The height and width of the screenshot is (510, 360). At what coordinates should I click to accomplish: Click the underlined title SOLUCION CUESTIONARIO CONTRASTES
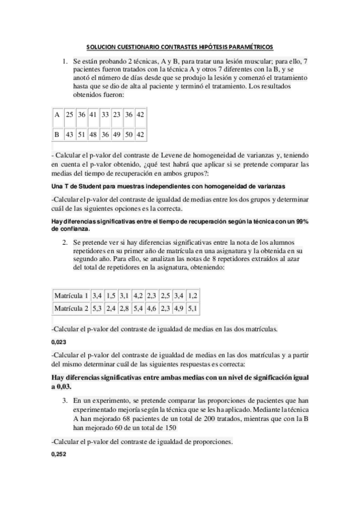click(x=180, y=46)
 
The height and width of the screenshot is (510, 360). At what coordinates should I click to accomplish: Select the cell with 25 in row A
click(x=70, y=114)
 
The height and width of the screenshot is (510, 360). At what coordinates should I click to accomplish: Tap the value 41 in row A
click(x=93, y=114)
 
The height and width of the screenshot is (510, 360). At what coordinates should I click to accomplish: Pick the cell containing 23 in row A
click(x=117, y=114)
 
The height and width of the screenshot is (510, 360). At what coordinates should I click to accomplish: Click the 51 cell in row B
click(x=82, y=134)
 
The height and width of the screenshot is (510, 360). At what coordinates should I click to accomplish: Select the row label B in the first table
click(x=56, y=134)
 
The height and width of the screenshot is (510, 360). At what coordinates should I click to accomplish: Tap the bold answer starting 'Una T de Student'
click(x=168, y=186)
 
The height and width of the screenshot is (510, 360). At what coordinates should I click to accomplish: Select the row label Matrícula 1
click(x=72, y=295)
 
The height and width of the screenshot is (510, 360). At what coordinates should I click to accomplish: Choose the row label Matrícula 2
click(x=72, y=309)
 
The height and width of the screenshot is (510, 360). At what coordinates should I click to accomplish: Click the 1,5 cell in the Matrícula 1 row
click(x=111, y=295)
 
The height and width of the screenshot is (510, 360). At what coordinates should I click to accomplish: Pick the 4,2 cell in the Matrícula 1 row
click(x=138, y=295)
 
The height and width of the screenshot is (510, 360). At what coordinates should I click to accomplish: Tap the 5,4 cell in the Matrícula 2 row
click(x=138, y=309)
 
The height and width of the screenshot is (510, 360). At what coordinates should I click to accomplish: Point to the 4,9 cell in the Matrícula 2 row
click(x=178, y=309)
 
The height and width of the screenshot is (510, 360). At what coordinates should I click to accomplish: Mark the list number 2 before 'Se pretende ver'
click(x=65, y=241)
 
